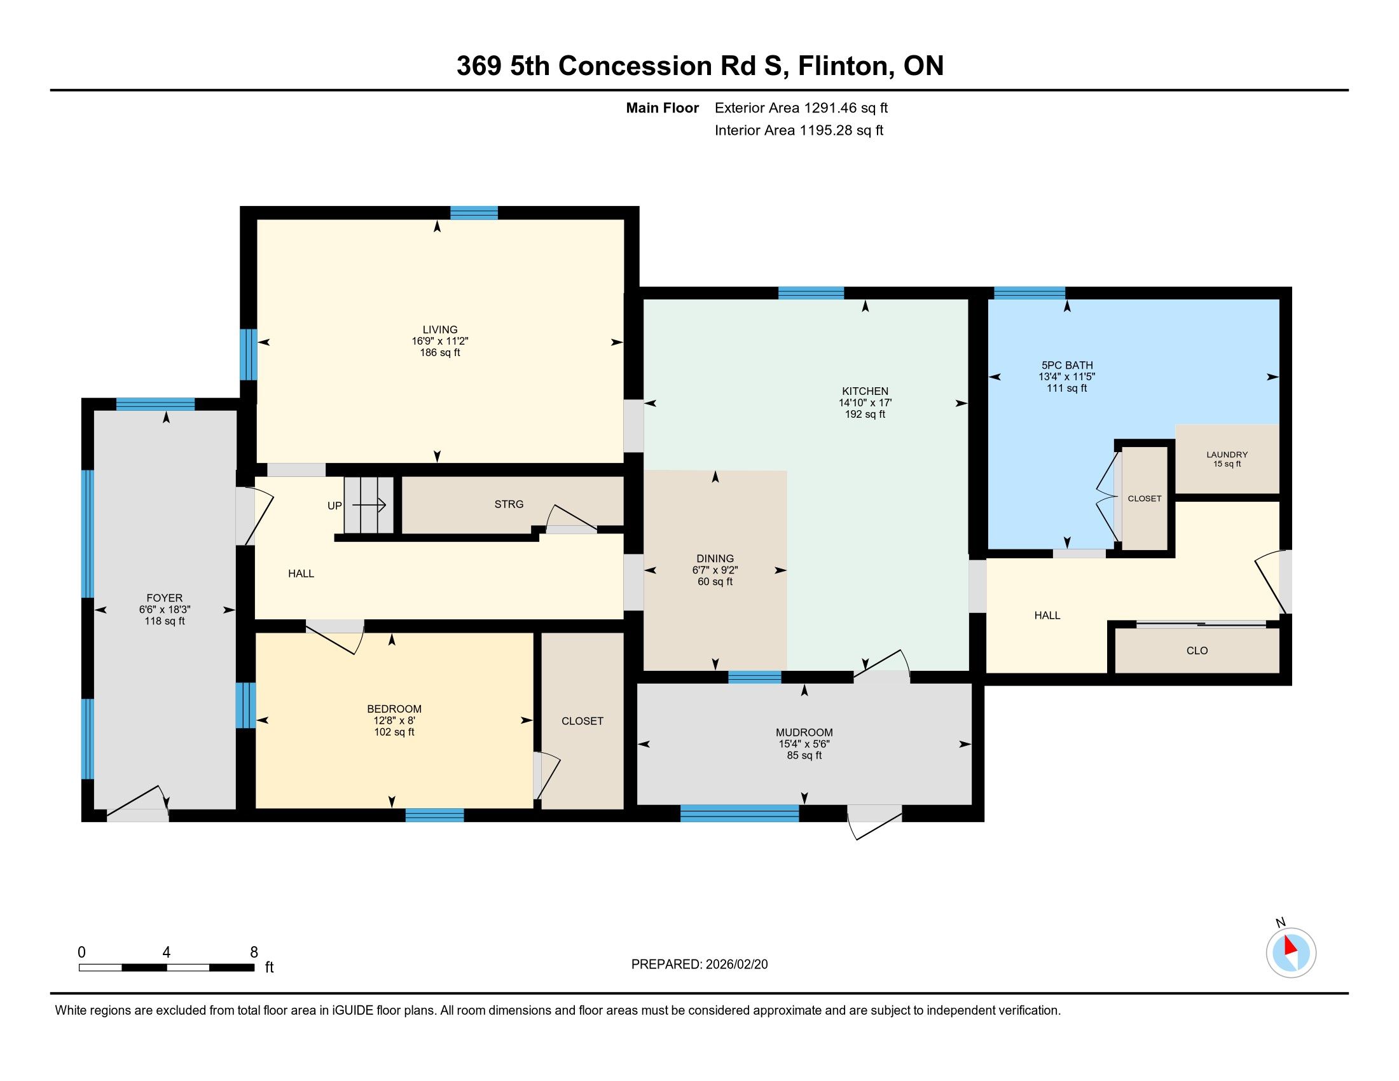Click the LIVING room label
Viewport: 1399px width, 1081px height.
pos(440,330)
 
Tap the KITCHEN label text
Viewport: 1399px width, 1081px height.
pos(865,391)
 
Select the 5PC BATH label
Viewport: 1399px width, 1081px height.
pos(1067,365)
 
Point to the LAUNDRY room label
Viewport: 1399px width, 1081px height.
pos(1227,455)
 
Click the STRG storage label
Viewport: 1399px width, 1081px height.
pos(509,505)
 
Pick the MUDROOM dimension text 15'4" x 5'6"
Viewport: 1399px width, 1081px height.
pos(804,744)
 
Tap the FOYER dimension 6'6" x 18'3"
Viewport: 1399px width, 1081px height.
pos(165,610)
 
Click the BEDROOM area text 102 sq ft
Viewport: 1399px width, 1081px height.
pos(394,732)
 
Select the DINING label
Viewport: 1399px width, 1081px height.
pos(715,558)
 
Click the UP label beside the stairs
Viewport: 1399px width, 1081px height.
pos(334,506)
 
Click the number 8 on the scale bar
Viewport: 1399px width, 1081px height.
pos(254,953)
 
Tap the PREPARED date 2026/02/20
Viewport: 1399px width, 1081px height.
pos(736,965)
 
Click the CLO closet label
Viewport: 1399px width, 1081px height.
pos(1197,651)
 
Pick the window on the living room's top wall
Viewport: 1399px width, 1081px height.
pos(474,212)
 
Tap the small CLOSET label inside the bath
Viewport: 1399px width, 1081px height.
pos(1144,499)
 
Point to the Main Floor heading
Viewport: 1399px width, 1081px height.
pos(663,107)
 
